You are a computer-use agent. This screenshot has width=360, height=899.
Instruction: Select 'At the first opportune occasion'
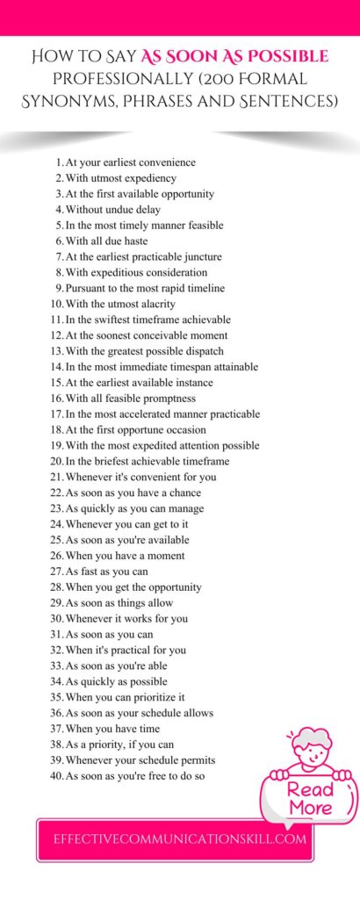(x=135, y=430)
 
